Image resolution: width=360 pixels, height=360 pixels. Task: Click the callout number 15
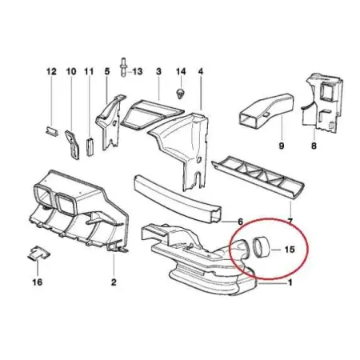[x=290, y=250]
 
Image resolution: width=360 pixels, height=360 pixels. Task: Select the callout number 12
[x=51, y=71]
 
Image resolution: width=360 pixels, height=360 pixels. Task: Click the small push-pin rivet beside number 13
[x=123, y=67]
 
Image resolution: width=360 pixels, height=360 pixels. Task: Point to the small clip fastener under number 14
[x=181, y=94]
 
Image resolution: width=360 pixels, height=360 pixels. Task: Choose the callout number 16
[x=38, y=282]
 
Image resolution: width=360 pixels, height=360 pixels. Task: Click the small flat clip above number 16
[x=39, y=253]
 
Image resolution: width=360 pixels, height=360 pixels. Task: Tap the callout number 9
[x=282, y=146]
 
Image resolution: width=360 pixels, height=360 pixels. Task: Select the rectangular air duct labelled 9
[x=266, y=110]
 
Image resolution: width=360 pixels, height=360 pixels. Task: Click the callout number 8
[x=314, y=146]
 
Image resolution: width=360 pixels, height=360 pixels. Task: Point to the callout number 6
[x=240, y=221]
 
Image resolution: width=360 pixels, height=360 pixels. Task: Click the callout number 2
[x=114, y=282]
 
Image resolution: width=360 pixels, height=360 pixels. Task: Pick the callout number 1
[x=290, y=282]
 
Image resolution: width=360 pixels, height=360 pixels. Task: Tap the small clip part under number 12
[x=51, y=131]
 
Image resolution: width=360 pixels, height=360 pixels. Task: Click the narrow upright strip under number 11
[x=90, y=146]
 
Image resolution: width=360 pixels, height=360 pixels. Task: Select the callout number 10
[x=71, y=71]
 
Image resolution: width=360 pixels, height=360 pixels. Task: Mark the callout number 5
[x=107, y=71]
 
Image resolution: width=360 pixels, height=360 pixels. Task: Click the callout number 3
[x=158, y=71]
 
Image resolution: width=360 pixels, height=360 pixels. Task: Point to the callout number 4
[x=201, y=71]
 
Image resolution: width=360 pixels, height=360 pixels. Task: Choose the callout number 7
[x=290, y=221]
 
